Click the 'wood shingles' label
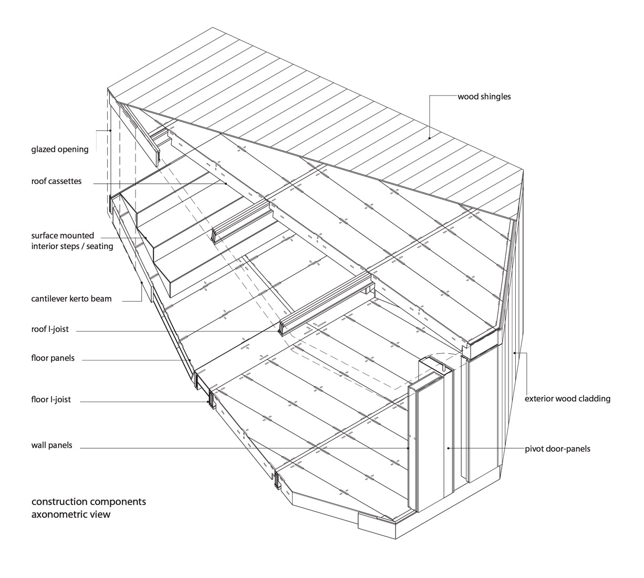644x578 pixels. click(484, 97)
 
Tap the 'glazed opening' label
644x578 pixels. click(60, 149)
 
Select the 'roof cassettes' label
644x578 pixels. click(56, 181)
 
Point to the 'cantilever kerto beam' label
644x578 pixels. click(71, 299)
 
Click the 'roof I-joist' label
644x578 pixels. click(50, 329)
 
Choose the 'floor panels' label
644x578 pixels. click(53, 358)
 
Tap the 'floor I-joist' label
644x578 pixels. click(51, 399)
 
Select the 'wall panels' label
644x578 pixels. click(51, 445)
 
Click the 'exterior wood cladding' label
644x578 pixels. click(567, 399)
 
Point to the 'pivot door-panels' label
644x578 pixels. click(557, 449)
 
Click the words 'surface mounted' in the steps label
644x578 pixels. click(63, 235)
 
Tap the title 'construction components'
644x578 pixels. click(89, 502)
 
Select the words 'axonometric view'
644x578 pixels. click(70, 514)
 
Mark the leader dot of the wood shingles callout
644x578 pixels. click(430, 138)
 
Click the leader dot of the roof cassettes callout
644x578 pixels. click(226, 183)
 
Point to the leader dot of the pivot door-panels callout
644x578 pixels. click(448, 448)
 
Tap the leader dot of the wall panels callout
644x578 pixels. click(408, 448)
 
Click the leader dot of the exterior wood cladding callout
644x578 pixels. click(514, 353)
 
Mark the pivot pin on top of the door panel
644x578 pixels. click(442, 367)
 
